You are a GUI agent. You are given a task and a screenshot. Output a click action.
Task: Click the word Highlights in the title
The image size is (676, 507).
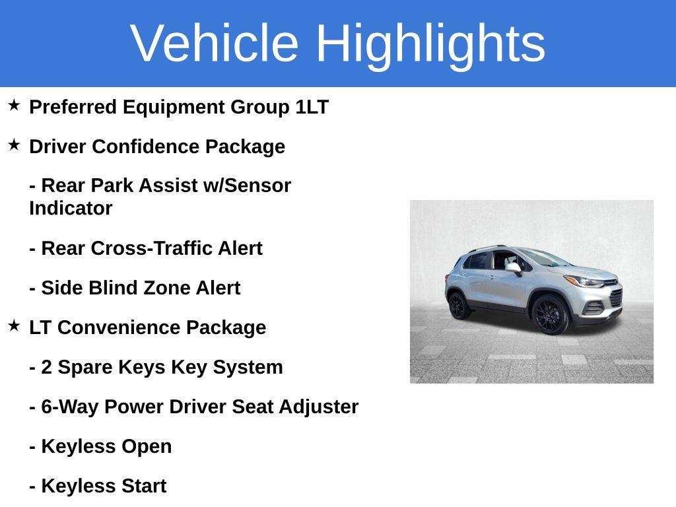pyautogui.click(x=430, y=43)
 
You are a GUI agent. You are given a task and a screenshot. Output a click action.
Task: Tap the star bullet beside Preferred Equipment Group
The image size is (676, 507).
pyautogui.click(x=14, y=105)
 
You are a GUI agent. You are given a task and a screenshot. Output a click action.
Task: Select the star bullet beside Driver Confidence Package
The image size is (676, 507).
pyautogui.click(x=14, y=145)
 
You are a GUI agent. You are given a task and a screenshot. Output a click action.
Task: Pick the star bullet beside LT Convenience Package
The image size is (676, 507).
pyautogui.click(x=14, y=325)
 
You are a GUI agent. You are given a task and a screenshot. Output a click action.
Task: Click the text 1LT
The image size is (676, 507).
pyautogui.click(x=312, y=107)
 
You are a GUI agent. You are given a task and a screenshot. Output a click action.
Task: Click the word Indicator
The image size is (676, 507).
pyautogui.click(x=71, y=209)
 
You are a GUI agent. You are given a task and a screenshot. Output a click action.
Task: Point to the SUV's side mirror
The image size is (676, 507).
pyautogui.click(x=513, y=268)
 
